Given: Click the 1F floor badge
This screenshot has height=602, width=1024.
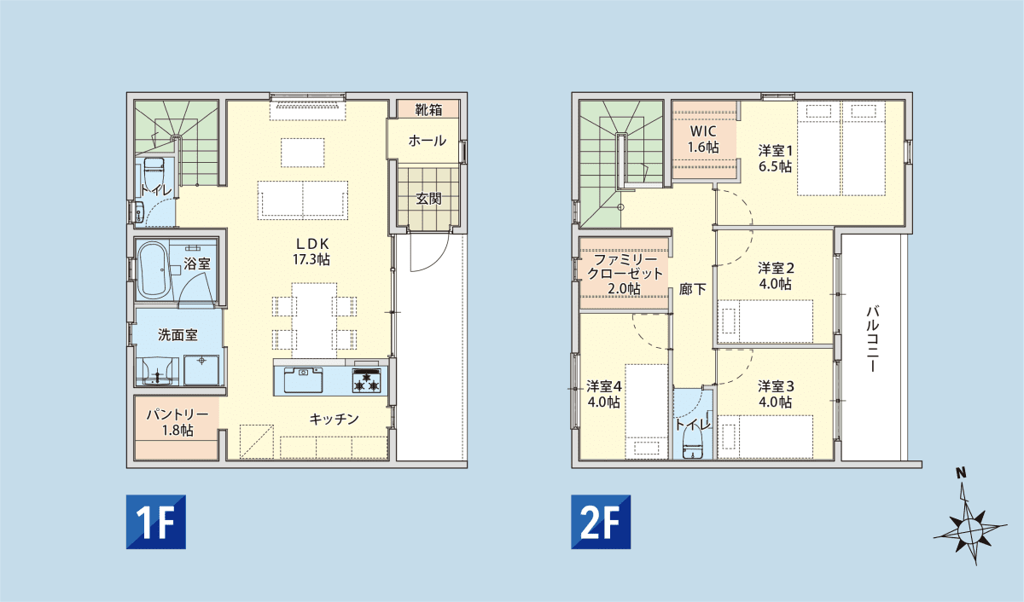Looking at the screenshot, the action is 156,522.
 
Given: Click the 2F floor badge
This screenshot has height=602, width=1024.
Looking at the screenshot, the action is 601,522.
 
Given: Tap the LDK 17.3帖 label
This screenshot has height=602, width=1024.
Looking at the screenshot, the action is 311,252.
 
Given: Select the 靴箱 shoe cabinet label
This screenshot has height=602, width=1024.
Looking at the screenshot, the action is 428,110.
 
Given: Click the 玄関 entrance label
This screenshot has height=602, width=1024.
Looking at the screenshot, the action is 428,199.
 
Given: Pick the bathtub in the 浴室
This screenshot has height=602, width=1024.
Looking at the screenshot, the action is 153,270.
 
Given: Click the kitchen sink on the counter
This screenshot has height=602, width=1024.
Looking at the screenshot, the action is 303,380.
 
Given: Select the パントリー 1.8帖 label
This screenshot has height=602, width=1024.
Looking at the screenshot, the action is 177,422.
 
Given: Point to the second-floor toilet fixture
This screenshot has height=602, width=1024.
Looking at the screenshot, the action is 693,444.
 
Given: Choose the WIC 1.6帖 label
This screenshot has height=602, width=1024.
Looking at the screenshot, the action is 703,139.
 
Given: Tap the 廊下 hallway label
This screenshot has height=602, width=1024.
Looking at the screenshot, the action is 692,289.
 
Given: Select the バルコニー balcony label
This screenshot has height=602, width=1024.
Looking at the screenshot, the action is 872,339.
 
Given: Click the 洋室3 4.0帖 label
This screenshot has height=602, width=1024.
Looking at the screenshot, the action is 776,394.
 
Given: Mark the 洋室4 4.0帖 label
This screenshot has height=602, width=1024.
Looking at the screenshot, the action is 604,394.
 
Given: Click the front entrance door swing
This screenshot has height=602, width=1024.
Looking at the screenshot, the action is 428,252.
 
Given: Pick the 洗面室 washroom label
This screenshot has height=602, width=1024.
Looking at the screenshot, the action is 177,335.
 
